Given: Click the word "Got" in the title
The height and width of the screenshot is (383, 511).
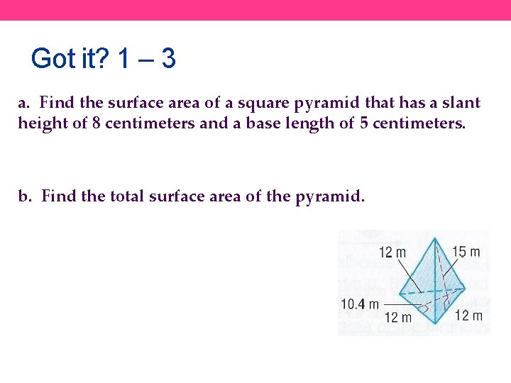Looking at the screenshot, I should pos(53,59).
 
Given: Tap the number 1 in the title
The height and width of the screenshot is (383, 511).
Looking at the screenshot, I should pos(123,59).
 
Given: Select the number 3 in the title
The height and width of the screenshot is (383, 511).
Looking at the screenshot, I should pos(168,59).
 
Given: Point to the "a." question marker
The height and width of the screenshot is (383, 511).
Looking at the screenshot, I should pos(24,103).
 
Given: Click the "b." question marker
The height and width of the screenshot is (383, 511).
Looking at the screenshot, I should pos(26,196).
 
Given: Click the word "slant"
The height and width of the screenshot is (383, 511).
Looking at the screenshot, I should pos(461,103).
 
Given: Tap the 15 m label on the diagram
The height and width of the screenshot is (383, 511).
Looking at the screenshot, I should pos(466,252).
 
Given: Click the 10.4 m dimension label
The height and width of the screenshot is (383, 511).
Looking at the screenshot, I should pos(363,304).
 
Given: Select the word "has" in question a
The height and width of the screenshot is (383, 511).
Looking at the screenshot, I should pos(414,103).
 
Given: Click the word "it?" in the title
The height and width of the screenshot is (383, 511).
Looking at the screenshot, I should pos(93,59).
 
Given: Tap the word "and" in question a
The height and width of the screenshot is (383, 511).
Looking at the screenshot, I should pos(214,123).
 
